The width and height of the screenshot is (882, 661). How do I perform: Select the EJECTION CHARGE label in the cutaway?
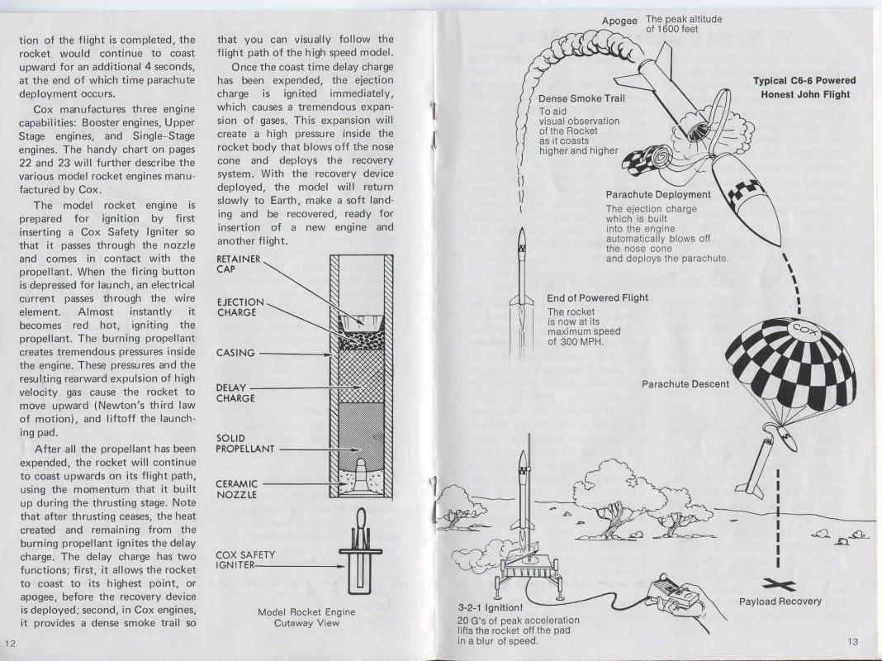pyautogui.click(x=239, y=307)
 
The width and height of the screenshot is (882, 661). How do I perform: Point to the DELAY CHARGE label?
pyautogui.click(x=235, y=392)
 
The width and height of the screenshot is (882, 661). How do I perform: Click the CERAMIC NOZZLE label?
pyautogui.click(x=237, y=489)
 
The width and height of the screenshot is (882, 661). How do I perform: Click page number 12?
pyautogui.click(x=10, y=644)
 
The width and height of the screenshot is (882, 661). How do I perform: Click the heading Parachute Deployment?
pyautogui.click(x=658, y=195)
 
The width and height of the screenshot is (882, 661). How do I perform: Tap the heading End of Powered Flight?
pyautogui.click(x=597, y=297)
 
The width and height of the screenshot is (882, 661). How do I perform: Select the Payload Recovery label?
pyautogui.click(x=780, y=601)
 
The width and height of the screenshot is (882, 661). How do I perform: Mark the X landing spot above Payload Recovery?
pyautogui.click(x=778, y=584)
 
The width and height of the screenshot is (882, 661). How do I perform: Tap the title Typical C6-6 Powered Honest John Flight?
pyautogui.click(x=804, y=87)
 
